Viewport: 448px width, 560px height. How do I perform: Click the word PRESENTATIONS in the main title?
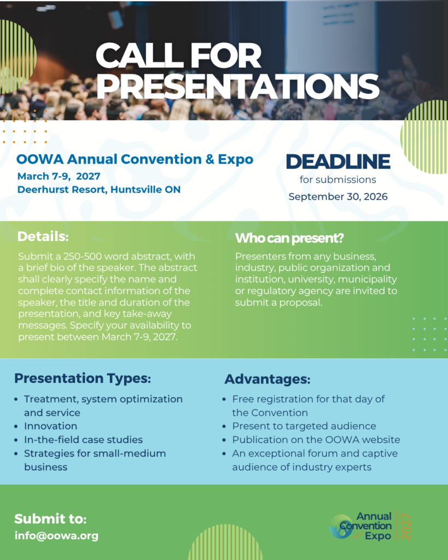[x=237, y=86]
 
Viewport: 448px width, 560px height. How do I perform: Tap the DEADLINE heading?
[x=338, y=161]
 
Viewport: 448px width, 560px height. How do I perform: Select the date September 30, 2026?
[x=338, y=197]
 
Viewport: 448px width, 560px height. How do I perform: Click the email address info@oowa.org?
[x=56, y=536]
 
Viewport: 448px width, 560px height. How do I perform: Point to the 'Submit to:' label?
[x=50, y=518]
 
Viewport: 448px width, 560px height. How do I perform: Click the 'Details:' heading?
[x=43, y=236]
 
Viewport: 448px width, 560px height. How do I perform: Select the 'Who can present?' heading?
[x=289, y=238]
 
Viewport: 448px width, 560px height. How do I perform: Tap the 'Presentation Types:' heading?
[x=83, y=378]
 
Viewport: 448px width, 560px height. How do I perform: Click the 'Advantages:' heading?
[x=267, y=379]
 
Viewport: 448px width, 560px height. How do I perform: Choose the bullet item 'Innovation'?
[x=51, y=426]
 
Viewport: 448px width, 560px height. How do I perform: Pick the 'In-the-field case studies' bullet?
[x=83, y=440]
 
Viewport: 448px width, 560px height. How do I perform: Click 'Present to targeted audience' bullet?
[x=304, y=426]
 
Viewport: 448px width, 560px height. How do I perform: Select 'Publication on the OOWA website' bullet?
[x=316, y=440]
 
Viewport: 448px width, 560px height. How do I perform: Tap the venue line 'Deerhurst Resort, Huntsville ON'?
[x=99, y=189]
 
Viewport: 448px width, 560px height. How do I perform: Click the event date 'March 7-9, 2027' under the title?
[x=59, y=176]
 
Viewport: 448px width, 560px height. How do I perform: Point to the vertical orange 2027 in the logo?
[x=406, y=527]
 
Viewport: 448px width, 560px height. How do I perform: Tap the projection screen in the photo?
[x=330, y=36]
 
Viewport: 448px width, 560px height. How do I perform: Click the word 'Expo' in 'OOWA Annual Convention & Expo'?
[x=235, y=159]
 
